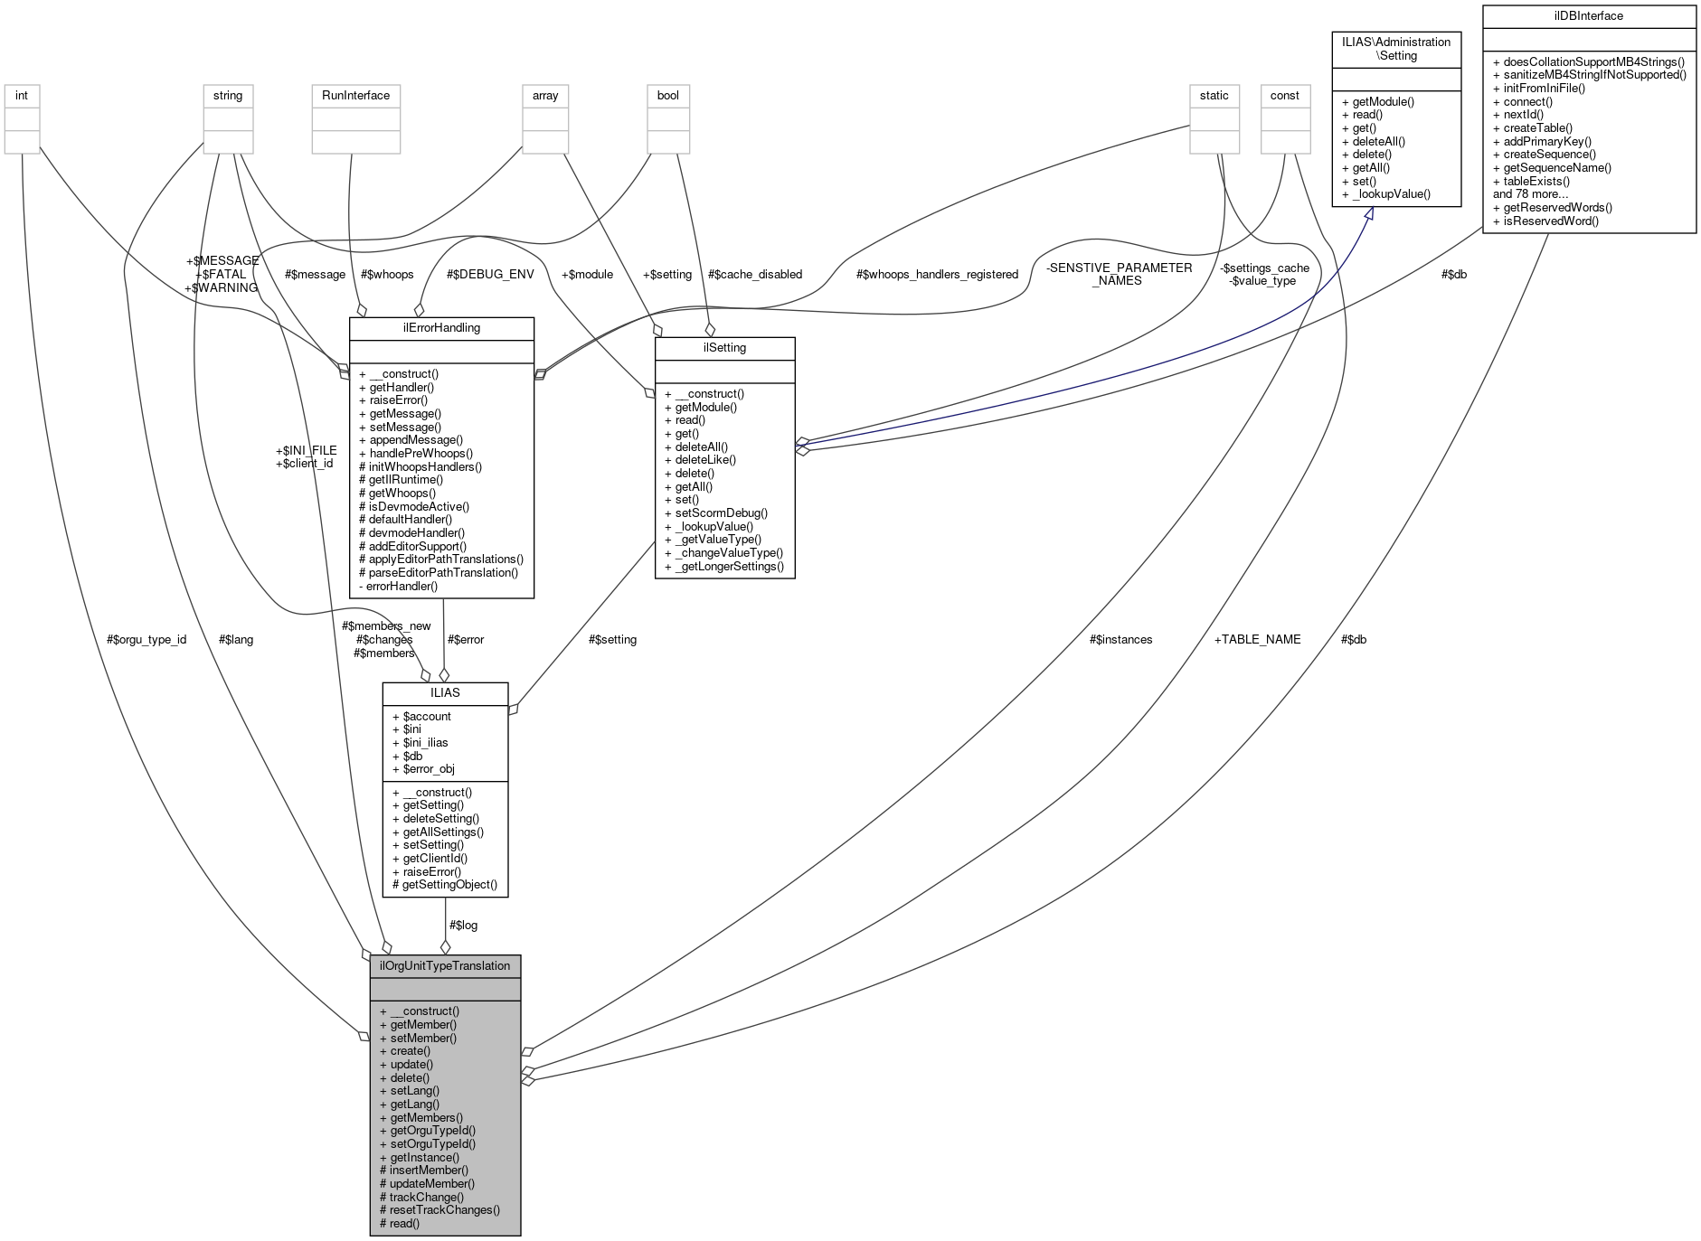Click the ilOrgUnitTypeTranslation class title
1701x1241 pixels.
[445, 965]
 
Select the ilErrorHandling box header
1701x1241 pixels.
[441, 328]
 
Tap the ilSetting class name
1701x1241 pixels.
[724, 347]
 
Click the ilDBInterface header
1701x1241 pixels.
[1589, 16]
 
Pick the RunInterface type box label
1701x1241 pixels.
[355, 95]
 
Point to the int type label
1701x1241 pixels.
[22, 95]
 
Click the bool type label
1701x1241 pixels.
[667, 95]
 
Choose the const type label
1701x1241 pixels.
[1284, 95]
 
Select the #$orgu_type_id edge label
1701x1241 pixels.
[146, 639]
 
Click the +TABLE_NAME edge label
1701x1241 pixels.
[1257, 639]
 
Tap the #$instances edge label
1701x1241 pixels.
[1120, 639]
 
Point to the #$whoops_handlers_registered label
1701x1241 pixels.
[937, 274]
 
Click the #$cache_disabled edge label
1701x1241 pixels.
[754, 274]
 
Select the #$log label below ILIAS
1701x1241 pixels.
[463, 925]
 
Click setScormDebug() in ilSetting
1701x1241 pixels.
[721, 512]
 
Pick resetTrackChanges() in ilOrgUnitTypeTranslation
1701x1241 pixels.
[444, 1209]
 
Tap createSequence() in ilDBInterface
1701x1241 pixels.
[1549, 154]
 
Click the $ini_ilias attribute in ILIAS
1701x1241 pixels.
[425, 742]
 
